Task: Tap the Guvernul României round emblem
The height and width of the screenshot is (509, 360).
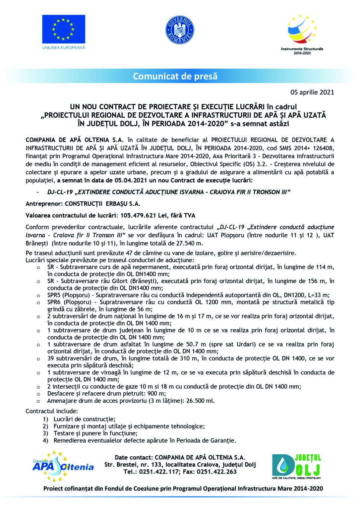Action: [x=180, y=30]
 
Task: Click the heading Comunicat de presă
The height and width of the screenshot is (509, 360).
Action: [x=175, y=76]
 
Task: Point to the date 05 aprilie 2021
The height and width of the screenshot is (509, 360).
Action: [x=312, y=92]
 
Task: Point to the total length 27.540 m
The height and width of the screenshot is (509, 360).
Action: [x=189, y=243]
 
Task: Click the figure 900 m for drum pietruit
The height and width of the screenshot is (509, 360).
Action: [x=157, y=393]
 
